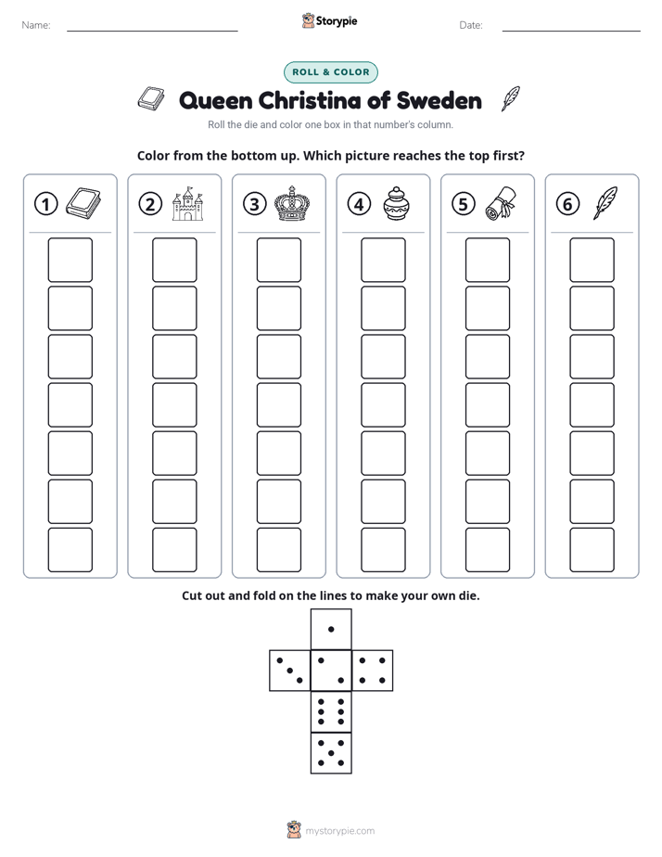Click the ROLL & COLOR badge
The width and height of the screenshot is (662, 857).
(x=330, y=72)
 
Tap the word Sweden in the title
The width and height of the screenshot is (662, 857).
(x=439, y=100)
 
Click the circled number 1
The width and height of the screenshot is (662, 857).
(x=45, y=204)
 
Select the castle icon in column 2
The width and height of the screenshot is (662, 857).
(x=187, y=203)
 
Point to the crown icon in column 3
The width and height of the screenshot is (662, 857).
(x=292, y=203)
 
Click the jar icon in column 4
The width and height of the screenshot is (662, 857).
(x=395, y=203)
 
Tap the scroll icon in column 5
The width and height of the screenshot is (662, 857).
(x=501, y=203)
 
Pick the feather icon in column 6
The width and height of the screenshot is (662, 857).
(x=605, y=203)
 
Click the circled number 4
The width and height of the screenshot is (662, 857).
(x=359, y=204)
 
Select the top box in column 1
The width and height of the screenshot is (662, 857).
(x=70, y=260)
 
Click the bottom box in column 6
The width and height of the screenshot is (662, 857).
(x=592, y=550)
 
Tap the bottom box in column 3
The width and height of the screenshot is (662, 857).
(x=278, y=550)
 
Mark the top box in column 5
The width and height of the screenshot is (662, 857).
(x=487, y=260)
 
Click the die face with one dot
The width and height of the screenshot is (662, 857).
(x=331, y=630)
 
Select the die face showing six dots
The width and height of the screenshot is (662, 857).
(x=331, y=711)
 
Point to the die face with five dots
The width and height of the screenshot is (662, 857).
(x=331, y=752)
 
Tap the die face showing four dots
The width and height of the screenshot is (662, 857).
(x=372, y=671)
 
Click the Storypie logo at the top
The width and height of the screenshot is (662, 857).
(x=329, y=20)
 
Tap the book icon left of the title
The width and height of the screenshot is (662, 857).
(x=151, y=99)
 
